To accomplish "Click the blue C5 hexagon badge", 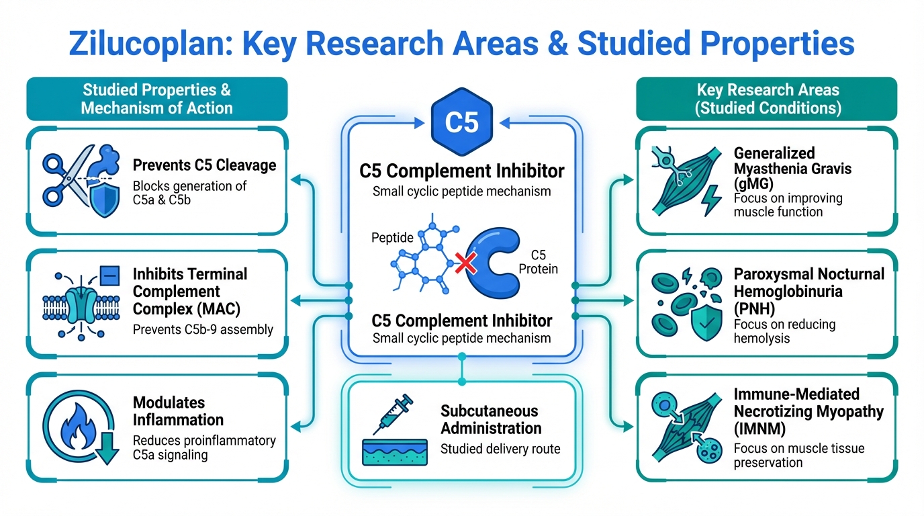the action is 461,122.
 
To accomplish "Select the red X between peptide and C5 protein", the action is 466,263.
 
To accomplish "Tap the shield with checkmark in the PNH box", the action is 706,322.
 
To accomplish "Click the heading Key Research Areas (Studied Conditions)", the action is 768,99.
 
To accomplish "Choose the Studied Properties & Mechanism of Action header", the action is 156,99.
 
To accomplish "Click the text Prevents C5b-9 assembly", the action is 203,329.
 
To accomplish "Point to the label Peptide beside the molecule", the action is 392,237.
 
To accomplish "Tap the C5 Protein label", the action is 539,262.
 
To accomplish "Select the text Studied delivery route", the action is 500,449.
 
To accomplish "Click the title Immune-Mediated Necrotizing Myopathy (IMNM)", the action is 808,411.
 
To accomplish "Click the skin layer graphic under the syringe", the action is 395,452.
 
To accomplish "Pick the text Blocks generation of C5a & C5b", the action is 190,193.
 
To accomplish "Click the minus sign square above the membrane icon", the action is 109,275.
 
